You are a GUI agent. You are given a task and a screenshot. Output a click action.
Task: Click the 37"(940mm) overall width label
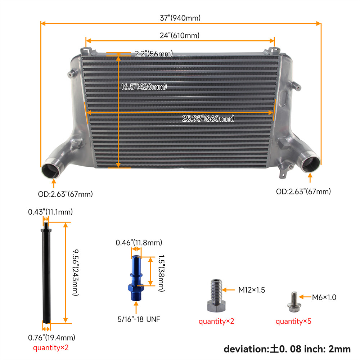[180, 18]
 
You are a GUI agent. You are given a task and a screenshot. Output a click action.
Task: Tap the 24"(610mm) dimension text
[180, 36]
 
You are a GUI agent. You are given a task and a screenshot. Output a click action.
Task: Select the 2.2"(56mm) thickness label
[154, 54]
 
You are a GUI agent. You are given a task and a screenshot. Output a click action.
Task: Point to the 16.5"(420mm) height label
[144, 87]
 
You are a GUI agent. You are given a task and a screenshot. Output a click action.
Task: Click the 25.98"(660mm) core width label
[208, 118]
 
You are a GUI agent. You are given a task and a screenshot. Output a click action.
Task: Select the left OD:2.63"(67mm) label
[66, 194]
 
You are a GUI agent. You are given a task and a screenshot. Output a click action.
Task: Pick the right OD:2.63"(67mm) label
[303, 192]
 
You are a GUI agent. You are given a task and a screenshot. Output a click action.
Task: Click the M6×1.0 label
[324, 297]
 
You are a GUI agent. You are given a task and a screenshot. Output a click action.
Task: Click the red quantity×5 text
[293, 321]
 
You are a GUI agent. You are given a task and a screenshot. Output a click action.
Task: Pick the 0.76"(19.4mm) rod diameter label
[51, 338]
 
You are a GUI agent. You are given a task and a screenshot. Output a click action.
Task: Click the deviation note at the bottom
[287, 348]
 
